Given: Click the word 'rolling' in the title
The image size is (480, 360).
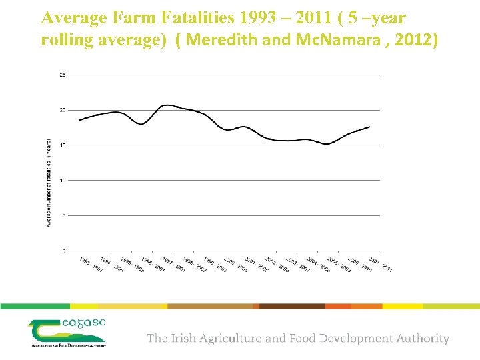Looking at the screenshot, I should tap(66, 41).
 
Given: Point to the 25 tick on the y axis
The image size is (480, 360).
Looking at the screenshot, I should tap(63, 75).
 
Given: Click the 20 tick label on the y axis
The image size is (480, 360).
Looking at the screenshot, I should tap(63, 110).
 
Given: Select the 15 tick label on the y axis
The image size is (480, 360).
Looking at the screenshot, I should tap(63, 145).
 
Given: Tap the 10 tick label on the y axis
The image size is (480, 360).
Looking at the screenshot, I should tap(63, 180).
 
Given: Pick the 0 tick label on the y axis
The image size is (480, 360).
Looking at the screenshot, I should tap(63, 251).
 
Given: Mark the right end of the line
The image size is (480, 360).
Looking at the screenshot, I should tap(370, 127).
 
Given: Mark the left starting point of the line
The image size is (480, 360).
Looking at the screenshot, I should tap(79, 120).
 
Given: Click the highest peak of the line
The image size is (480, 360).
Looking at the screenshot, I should tap(167, 105).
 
